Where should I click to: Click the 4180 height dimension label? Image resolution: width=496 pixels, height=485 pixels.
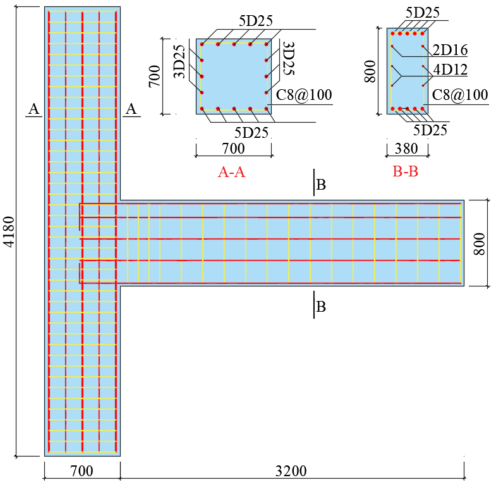coord(10,231)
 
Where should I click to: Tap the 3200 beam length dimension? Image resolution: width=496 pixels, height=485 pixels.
coord(291,471)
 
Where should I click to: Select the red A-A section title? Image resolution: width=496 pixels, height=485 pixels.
coord(231,172)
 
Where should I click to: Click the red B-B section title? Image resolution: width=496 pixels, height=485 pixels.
coord(405,171)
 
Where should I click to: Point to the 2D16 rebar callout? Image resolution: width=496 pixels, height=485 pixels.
coord(450,50)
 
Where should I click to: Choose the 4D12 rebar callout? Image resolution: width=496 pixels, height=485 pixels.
coord(450,70)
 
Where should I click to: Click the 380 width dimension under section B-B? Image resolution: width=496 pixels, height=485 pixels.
coord(406,149)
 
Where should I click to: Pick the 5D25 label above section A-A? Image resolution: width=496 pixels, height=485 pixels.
coord(256,21)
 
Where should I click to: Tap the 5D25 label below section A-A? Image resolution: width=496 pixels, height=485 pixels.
coord(251,133)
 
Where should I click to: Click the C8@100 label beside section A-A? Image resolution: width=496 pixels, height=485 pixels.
coord(304,95)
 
